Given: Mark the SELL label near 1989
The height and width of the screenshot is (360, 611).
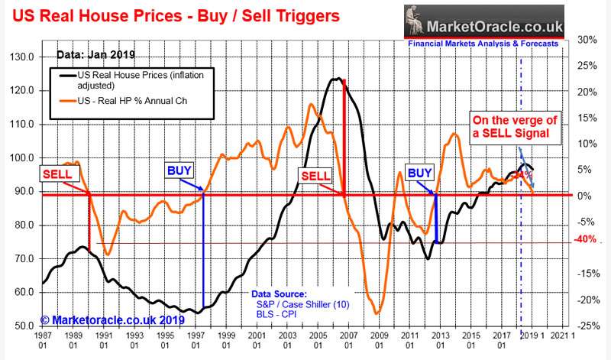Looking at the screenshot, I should (57, 175).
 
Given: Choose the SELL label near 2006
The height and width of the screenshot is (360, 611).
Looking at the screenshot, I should (316, 175).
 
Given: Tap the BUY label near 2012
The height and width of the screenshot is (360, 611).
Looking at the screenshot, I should (420, 173).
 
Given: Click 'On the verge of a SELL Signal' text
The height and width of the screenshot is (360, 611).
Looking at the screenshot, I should (516, 128).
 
